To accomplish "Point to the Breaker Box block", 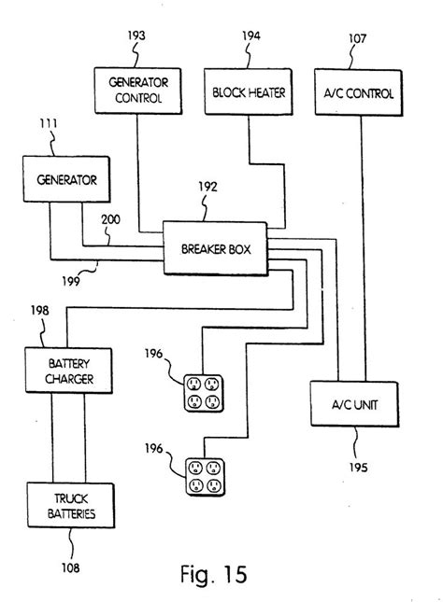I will pos(215,247).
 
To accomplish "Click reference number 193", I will pos(136,35).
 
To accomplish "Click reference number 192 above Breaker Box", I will pos(208,187).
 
